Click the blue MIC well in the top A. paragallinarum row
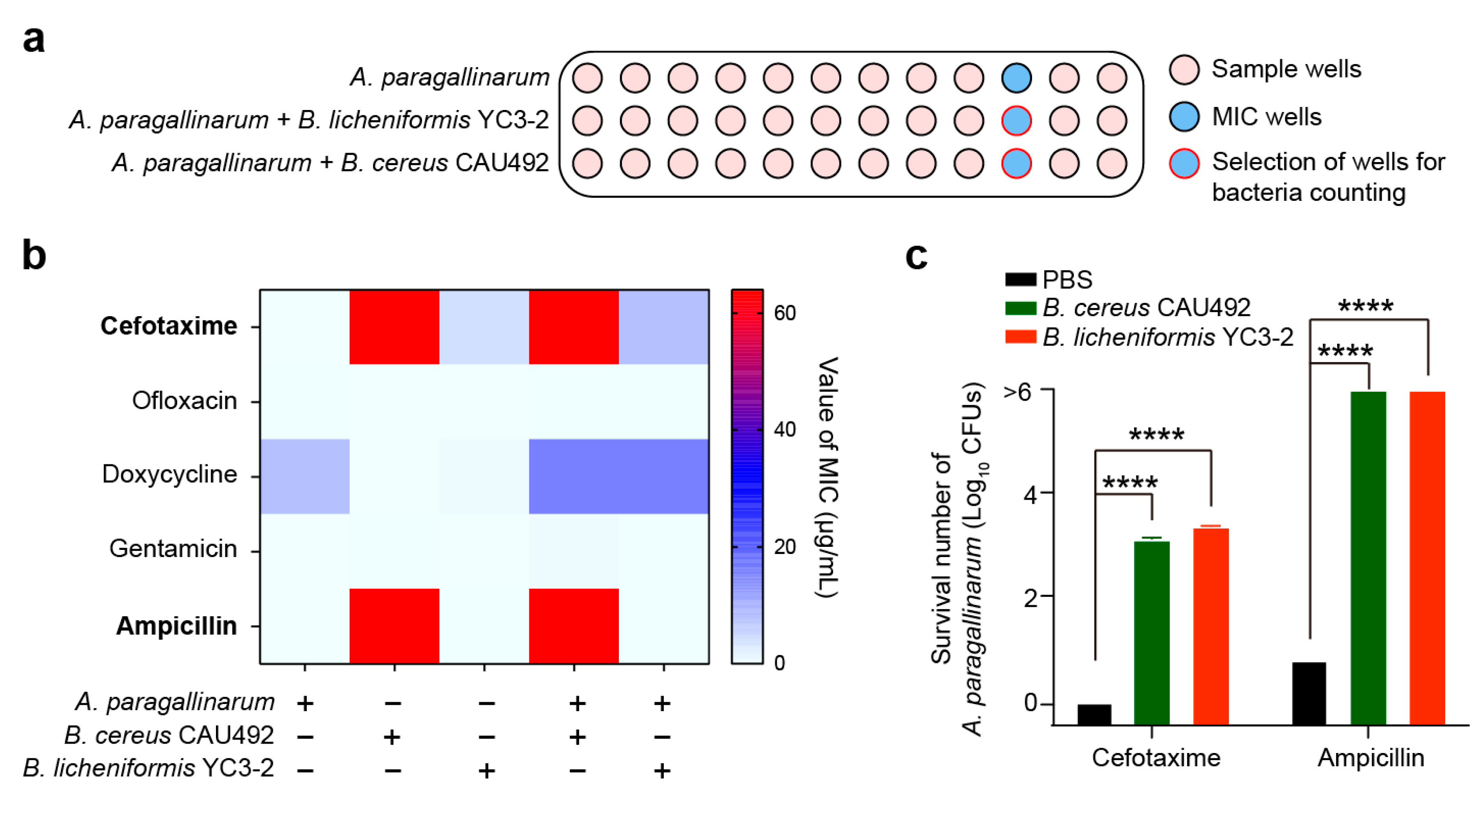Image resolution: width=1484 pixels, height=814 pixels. (1016, 78)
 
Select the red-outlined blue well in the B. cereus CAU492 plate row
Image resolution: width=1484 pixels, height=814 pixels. (1016, 163)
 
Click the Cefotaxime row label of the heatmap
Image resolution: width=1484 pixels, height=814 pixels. (168, 326)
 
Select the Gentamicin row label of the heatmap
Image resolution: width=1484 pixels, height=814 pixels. (173, 549)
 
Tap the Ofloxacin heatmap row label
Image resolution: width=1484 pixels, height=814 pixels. (184, 400)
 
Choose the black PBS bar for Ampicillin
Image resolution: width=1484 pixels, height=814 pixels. (1309, 693)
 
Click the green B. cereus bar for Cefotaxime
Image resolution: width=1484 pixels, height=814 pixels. (1151, 632)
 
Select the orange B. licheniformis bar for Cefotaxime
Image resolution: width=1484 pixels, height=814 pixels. (1211, 626)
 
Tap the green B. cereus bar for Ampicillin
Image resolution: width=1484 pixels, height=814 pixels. (1368, 557)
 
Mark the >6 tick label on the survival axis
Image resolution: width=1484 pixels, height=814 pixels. (1017, 392)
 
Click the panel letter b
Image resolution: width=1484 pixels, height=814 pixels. (34, 255)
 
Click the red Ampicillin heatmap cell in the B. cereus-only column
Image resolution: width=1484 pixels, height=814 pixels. (394, 626)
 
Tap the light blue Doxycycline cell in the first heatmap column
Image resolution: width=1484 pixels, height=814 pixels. (304, 476)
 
